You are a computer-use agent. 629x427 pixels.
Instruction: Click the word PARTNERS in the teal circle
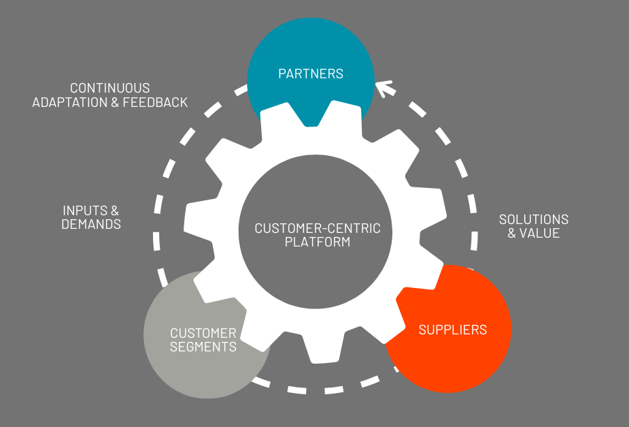coord(311,74)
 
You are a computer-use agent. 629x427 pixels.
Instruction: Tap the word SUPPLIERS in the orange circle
coord(453,330)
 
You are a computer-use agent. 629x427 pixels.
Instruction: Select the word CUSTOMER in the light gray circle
coord(203,334)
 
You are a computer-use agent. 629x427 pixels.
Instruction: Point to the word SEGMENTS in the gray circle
coord(203,347)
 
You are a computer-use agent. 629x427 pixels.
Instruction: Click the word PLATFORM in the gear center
coord(318,242)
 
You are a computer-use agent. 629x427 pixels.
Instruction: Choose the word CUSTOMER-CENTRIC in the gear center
coord(318,228)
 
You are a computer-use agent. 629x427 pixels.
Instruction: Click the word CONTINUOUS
coord(110,89)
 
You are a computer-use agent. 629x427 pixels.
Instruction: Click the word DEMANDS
coord(91,224)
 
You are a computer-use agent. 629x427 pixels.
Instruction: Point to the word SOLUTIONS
coord(534,220)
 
